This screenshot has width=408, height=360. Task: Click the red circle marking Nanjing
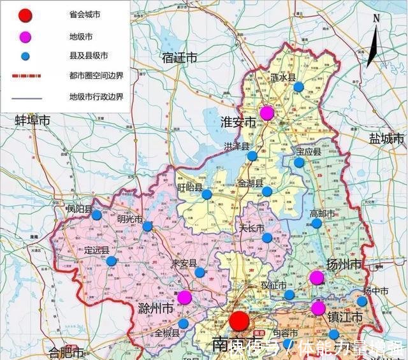tap(240, 321)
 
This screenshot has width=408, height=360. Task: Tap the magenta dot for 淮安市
tap(267, 113)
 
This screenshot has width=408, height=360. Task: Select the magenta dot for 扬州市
tap(316, 277)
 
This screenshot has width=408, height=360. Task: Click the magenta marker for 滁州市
tap(184, 297)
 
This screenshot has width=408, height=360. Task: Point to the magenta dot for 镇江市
tap(318, 308)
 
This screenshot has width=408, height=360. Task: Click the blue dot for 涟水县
tap(298, 87)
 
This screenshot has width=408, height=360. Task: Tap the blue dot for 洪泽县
tap(252, 155)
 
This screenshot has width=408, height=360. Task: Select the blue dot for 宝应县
tap(299, 162)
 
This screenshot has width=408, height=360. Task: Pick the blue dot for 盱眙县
tap(207, 195)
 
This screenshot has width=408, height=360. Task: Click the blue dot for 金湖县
tap(267, 191)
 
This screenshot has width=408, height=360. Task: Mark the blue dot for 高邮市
tap(316, 223)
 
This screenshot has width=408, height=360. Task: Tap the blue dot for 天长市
tap(267, 238)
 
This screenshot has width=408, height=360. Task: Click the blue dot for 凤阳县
tap(96, 215)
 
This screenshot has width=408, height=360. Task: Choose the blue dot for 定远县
tap(111, 261)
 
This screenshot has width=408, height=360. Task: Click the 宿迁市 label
tap(180, 57)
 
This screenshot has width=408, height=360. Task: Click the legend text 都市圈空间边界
tap(96, 75)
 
